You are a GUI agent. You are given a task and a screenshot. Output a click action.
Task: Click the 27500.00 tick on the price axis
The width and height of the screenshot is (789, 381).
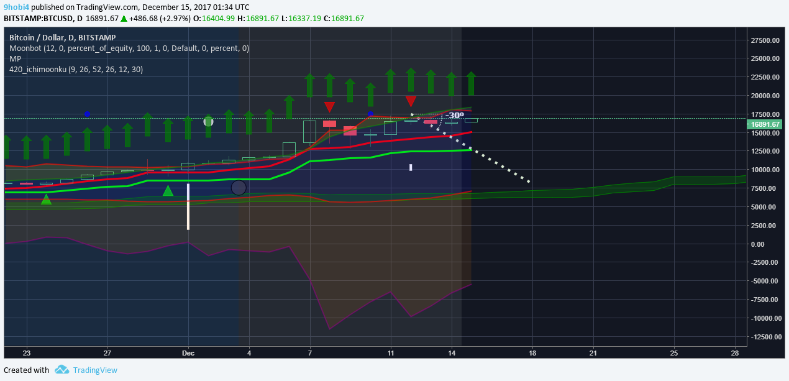coord(765,40)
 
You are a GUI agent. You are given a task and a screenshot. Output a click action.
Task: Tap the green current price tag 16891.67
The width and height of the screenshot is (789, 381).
coord(765,124)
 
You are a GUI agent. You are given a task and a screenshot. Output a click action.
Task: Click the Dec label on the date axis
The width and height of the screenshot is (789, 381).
coord(188,353)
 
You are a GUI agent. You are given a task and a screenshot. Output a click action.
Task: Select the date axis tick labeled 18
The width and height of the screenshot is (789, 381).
coord(532,353)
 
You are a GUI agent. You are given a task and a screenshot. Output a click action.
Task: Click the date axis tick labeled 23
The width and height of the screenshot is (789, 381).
coord(26,353)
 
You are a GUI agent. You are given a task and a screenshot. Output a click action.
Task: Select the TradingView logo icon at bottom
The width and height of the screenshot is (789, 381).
coord(62,370)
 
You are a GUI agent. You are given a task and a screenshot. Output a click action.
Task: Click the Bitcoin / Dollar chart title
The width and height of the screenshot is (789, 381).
coord(63,37)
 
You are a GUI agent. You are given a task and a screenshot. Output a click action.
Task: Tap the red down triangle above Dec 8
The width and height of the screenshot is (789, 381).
coord(329,107)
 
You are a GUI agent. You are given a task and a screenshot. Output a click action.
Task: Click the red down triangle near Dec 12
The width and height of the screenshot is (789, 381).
coord(411,101)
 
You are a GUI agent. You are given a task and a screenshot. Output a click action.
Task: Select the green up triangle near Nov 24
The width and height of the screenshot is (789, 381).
coord(46,200)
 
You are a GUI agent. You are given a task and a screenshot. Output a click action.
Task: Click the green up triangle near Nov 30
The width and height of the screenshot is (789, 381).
coord(168,191)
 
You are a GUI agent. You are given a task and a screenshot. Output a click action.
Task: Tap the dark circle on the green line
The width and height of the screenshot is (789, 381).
coord(239,187)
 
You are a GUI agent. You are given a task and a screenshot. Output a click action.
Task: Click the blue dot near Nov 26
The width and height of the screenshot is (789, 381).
coord(88,114)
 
